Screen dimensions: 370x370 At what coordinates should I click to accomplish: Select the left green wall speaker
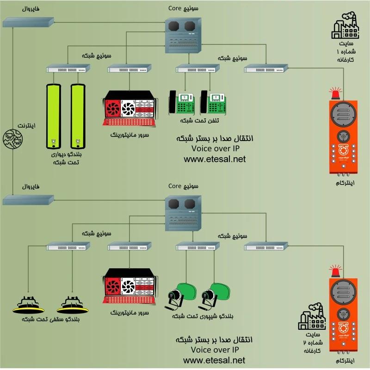(x=55, y=115)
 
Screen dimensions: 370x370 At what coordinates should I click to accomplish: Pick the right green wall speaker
(x=77, y=115)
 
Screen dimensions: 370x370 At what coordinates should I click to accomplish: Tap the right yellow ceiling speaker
(x=73, y=305)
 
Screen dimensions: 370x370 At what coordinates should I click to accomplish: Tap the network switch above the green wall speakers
(x=68, y=69)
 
